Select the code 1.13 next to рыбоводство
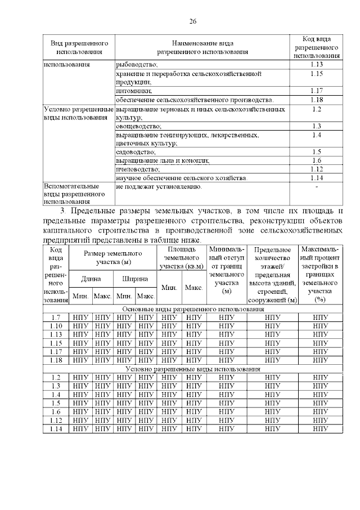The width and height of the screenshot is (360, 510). pyautogui.click(x=316, y=65)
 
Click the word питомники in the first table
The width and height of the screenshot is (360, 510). pyautogui.click(x=133, y=90)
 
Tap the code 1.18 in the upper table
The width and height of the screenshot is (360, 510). pyautogui.click(x=316, y=99)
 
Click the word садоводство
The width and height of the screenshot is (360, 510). pyautogui.click(x=135, y=151)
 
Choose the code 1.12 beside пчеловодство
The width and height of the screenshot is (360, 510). pyautogui.click(x=316, y=168)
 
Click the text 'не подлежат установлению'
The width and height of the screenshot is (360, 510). pyautogui.click(x=159, y=186)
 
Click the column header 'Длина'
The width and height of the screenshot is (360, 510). pyautogui.click(x=91, y=278)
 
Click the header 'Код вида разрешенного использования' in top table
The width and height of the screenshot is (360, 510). pyautogui.click(x=317, y=47)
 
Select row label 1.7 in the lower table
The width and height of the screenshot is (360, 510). pyautogui.click(x=56, y=317)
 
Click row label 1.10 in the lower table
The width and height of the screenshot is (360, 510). pyautogui.click(x=56, y=326)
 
